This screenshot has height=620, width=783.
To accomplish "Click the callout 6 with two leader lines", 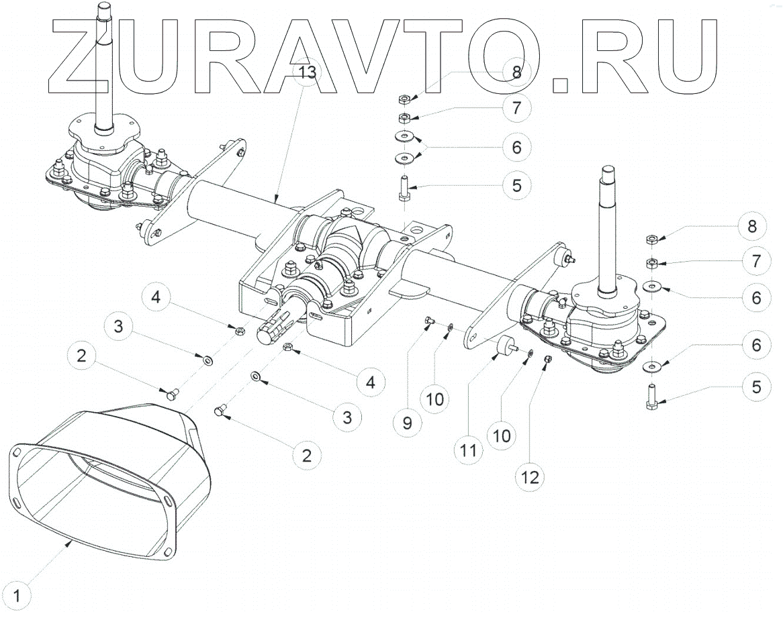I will pos(516,146).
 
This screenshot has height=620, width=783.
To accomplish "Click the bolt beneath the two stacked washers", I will pos(404,187).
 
